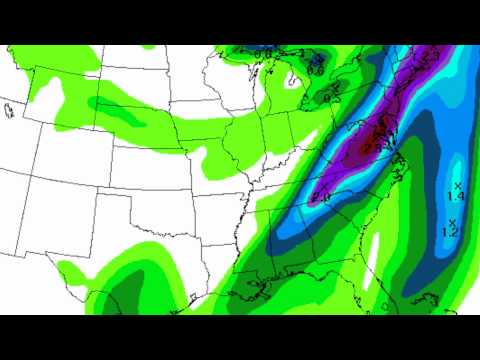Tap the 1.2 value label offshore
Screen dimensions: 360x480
[x=450, y=232]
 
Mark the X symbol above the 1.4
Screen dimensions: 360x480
[x=457, y=187]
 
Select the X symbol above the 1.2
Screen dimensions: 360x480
[x=452, y=222]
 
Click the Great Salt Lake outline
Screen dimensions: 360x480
[x=8, y=108]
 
